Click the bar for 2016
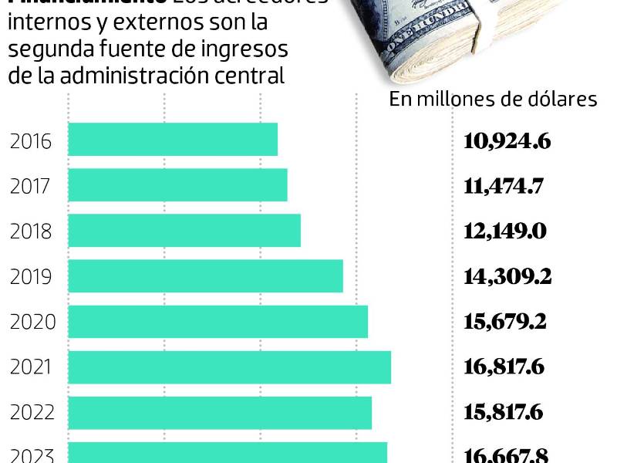[x=173, y=140]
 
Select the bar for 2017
[x=177, y=185]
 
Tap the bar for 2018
[x=184, y=231]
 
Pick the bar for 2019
[x=205, y=276]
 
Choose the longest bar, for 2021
[x=229, y=367]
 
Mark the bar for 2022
[x=220, y=413]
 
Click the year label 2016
[x=31, y=141]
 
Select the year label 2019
[x=31, y=277]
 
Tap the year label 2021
[x=31, y=367]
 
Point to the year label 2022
[x=31, y=413]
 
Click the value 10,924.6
[x=507, y=141]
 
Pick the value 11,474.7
[x=504, y=186]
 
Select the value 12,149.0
[x=505, y=231]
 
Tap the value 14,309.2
[x=507, y=277]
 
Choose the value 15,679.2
[x=505, y=322]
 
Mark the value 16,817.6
[x=504, y=367]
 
